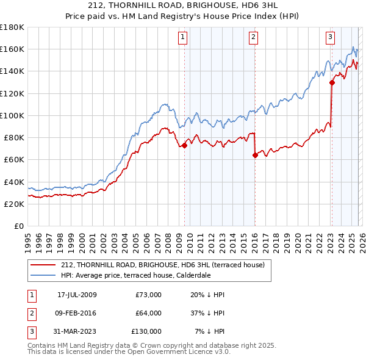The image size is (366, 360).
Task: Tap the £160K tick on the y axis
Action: pyautogui.click(x=12, y=49)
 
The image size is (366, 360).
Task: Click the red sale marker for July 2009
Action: pyautogui.click(x=184, y=145)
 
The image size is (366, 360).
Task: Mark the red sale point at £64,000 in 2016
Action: pyautogui.click(x=255, y=155)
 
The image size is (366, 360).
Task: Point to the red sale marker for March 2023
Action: pyautogui.click(x=332, y=82)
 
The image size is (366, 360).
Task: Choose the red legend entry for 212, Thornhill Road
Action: pyautogui.click(x=162, y=265)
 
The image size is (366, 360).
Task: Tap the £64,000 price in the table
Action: pyautogui.click(x=148, y=313)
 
